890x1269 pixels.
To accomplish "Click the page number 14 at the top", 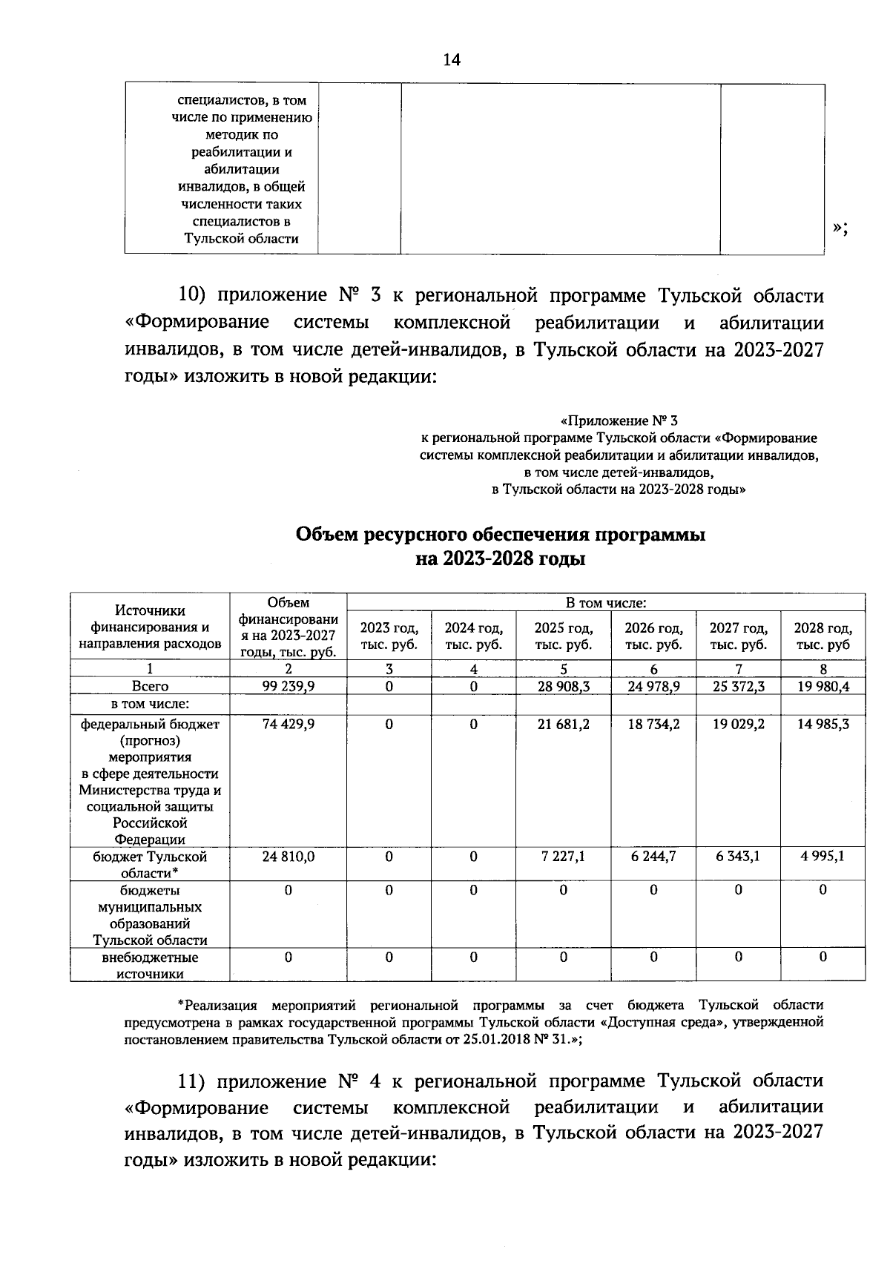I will (452, 60).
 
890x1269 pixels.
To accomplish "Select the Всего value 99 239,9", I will (288, 687).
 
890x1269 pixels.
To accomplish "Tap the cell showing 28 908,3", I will (564, 687).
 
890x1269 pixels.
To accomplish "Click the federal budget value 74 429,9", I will (288, 724).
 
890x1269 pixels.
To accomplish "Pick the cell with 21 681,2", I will (564, 724).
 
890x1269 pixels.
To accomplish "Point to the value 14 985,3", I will (823, 724).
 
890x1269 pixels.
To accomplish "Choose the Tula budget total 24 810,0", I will (288, 857).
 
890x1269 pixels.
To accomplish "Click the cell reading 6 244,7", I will (653, 857).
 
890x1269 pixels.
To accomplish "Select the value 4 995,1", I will (823, 857).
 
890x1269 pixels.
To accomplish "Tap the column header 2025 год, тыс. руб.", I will (564, 636).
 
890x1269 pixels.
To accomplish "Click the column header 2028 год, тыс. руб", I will (823, 636).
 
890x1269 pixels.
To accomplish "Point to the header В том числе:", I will (606, 604).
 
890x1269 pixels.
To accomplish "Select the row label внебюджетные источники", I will (150, 966).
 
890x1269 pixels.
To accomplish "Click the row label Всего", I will (150, 687).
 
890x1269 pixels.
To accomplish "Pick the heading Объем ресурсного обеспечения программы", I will (500, 535).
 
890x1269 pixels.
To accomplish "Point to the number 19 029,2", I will (738, 724).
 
